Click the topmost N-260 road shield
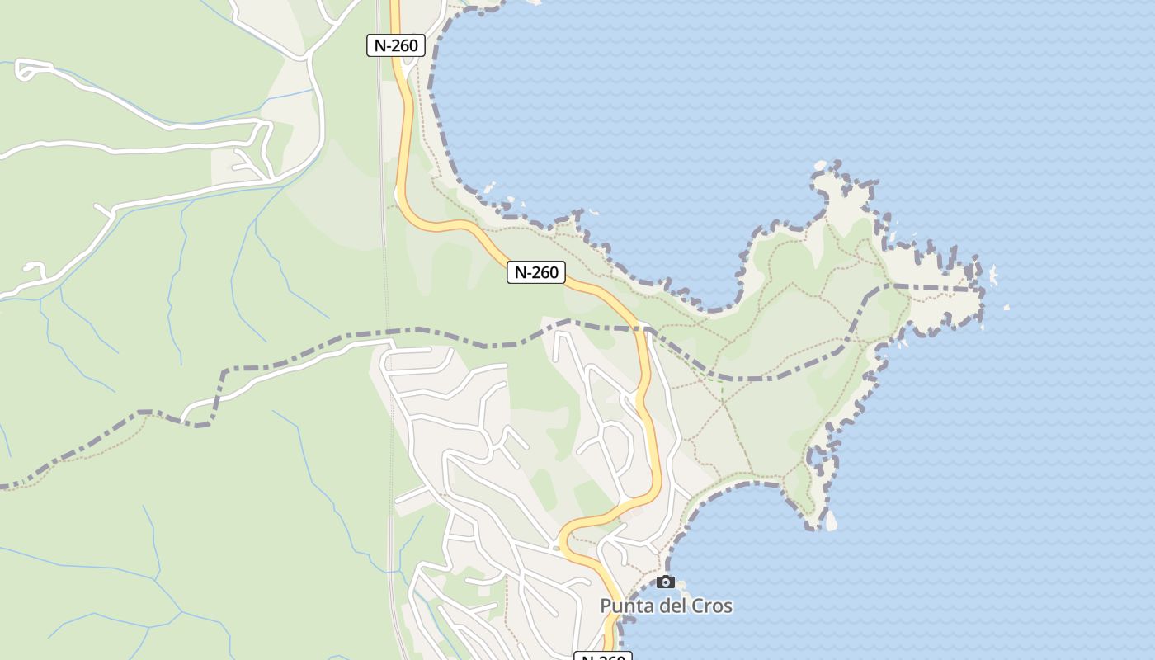pyautogui.click(x=396, y=45)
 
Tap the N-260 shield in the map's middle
pyautogui.click(x=536, y=272)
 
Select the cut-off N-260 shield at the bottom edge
pyautogui.click(x=602, y=656)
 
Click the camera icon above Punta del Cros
pyautogui.click(x=666, y=582)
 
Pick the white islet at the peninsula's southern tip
pyautogui.click(x=830, y=521)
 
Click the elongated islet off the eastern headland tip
pyautogui.click(x=992, y=276)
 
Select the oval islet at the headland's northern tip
pyautogui.click(x=820, y=166)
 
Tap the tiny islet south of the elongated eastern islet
pyautogui.click(x=1006, y=308)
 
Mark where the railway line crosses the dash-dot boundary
pyautogui.click(x=388, y=332)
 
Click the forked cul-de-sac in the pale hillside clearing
pyautogui.click(x=247, y=161)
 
